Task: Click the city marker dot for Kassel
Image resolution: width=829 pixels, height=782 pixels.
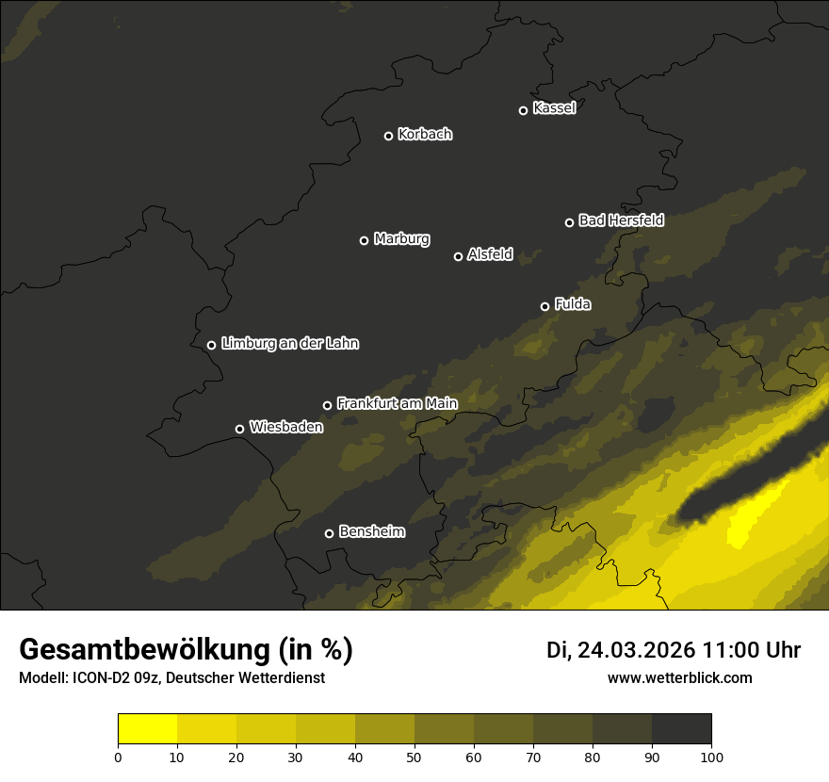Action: pos(523,110)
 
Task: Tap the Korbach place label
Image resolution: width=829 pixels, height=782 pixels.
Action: pos(425,135)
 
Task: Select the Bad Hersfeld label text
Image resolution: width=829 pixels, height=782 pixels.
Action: pos(621,220)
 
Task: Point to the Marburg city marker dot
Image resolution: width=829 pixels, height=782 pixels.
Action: pos(364,240)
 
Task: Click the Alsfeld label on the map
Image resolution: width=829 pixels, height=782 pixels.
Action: pos(490,254)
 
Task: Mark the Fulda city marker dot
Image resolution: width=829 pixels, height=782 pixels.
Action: pos(545,306)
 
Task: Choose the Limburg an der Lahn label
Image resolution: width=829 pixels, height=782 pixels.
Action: pos(289,344)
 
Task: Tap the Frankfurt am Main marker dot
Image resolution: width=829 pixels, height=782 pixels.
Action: pos(328,405)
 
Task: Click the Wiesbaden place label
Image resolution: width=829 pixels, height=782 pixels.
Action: pos(285,428)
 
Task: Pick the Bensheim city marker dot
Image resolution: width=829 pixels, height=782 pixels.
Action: pos(329,533)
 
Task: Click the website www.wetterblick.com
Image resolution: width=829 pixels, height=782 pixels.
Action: pos(679,678)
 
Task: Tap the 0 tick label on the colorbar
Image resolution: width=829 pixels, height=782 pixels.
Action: pos(118,757)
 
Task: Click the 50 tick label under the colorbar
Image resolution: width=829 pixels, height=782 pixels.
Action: pos(414,757)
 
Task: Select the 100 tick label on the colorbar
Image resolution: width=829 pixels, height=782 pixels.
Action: pos(711,757)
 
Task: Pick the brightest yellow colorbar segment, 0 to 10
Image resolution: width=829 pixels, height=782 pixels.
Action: pos(147,728)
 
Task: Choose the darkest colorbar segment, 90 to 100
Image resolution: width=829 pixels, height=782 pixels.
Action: pos(681,728)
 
